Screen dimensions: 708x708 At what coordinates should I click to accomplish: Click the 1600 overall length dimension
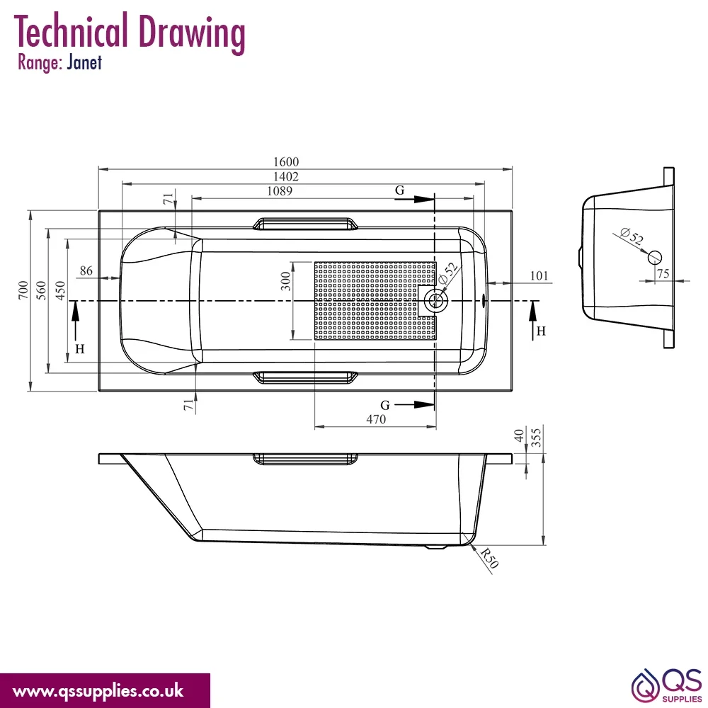click(286, 161)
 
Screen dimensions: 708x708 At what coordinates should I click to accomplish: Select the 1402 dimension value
click(286, 176)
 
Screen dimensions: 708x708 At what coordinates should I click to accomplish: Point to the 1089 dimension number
click(280, 191)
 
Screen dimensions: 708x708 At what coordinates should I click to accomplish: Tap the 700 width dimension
click(23, 290)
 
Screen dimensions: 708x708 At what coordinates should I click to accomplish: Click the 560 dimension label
click(41, 290)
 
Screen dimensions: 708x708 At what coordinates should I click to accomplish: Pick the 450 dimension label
click(60, 290)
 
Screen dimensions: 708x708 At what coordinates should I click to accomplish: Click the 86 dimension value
click(86, 270)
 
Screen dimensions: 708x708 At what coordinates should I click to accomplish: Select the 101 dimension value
click(539, 275)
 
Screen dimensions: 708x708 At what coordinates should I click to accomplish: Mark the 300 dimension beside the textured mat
click(285, 281)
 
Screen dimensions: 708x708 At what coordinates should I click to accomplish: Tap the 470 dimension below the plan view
click(376, 419)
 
